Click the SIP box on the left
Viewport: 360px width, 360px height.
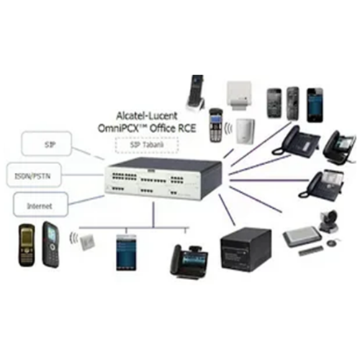coord(47,143)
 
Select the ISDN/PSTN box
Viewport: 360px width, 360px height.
coord(34,175)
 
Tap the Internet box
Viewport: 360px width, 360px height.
coord(41,204)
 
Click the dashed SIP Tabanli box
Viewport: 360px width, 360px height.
coord(147,145)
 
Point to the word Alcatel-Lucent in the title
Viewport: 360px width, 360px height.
coord(147,116)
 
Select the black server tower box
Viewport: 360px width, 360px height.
coord(246,251)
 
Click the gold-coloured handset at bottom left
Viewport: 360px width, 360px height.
coord(27,245)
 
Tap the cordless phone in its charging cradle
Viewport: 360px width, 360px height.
coord(196,94)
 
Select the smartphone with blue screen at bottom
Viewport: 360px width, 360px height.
coord(126,253)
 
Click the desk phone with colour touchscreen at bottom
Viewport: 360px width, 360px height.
coord(189,262)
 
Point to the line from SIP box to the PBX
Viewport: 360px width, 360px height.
coord(88,153)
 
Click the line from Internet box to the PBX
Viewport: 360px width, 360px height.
coord(86,200)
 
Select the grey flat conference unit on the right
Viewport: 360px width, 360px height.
coord(302,236)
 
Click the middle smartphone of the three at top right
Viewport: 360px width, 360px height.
coord(293,104)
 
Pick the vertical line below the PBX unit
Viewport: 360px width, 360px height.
coord(153,215)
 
